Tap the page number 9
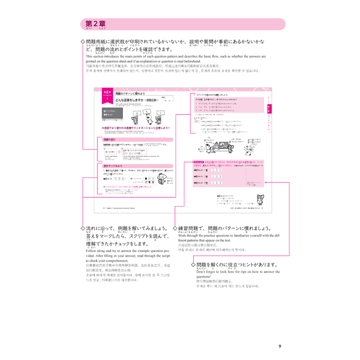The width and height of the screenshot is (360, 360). pyautogui.click(x=280, y=346)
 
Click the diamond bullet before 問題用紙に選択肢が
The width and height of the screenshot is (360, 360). pyautogui.click(x=83, y=42)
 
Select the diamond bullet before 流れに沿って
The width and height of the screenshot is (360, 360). pyautogui.click(x=83, y=228)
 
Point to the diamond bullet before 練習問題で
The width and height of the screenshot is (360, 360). pyautogui.click(x=175, y=228)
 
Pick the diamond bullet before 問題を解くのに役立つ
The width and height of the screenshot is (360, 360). pyautogui.click(x=193, y=265)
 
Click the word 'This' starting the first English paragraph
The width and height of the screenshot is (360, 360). pyautogui.click(x=91, y=56)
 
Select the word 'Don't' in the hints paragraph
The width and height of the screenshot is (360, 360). pyautogui.click(x=203, y=272)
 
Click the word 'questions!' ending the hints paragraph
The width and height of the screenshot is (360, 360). pyautogui.click(x=207, y=279)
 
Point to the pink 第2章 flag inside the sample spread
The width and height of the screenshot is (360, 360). pyautogui.click(x=107, y=94)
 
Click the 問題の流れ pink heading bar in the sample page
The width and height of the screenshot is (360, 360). pyautogui.click(x=111, y=140)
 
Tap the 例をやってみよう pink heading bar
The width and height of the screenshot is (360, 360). pyautogui.click(x=114, y=166)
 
